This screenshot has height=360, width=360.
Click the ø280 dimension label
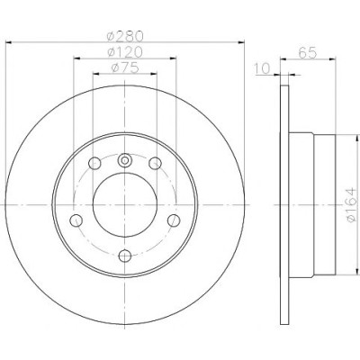[125, 36]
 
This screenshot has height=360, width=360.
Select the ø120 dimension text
[125, 52]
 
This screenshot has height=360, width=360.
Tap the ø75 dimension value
[125, 68]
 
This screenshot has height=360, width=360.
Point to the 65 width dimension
[308, 53]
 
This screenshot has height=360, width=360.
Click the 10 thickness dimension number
[263, 68]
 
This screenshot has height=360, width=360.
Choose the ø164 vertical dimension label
[352, 204]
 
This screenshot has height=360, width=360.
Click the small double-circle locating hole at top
[124, 160]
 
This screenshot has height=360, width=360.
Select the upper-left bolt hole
[94, 163]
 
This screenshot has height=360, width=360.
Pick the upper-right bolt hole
[155, 163]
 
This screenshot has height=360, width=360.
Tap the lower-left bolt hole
[76, 220]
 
